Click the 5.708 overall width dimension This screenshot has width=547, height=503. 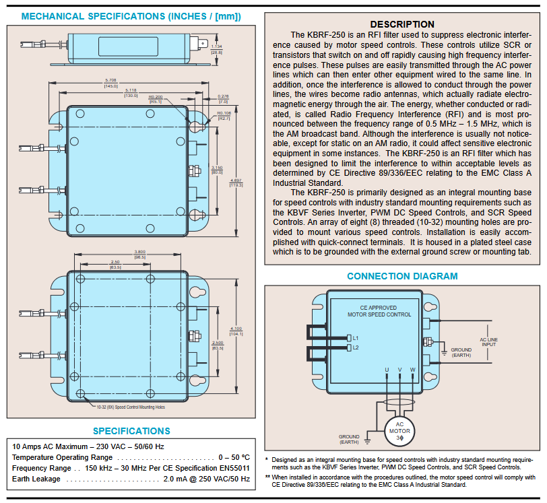click(x=111, y=79)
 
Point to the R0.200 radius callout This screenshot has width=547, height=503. click(x=155, y=97)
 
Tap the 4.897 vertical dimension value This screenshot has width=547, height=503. click(x=236, y=181)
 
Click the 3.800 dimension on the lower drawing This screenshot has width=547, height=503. click(x=140, y=252)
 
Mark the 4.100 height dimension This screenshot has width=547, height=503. click(x=236, y=329)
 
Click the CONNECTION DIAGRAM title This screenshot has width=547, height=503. click(x=402, y=276)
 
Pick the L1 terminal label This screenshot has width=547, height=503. click(x=356, y=337)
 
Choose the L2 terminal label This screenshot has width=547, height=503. click(x=356, y=347)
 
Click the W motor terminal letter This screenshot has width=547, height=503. click(x=412, y=370)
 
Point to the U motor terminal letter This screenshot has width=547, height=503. click(x=387, y=370)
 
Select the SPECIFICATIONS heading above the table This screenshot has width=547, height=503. click(x=131, y=431)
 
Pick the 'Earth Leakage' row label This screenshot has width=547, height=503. click(x=36, y=479)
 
